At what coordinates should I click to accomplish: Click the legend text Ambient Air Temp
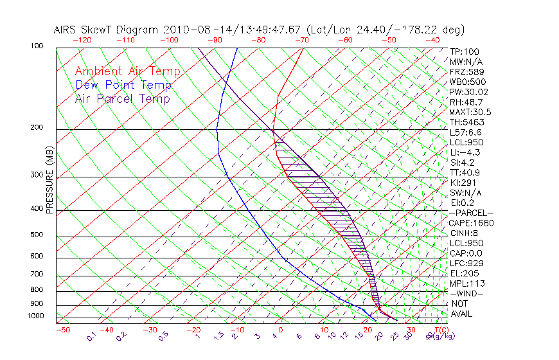tap(127, 71)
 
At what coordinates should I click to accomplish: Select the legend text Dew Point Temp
tap(123, 85)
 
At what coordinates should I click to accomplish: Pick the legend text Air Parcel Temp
tap(122, 98)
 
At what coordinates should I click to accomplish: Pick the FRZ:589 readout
tap(465, 72)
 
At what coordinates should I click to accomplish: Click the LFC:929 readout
tap(466, 264)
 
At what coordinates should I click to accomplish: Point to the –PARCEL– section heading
tap(471, 213)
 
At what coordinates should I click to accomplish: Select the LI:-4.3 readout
tap(465, 152)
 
